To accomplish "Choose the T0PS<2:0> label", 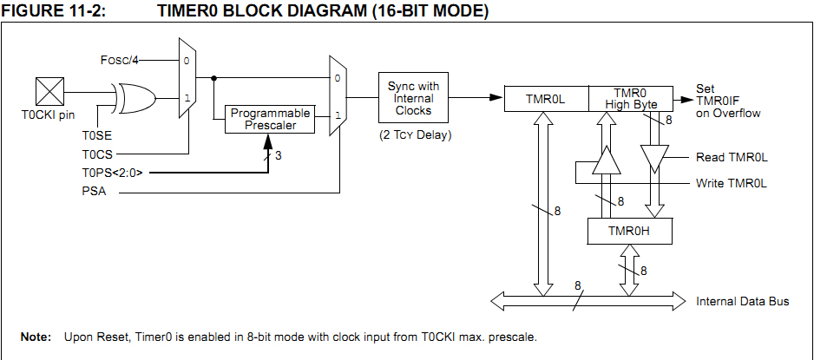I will click(x=118, y=173).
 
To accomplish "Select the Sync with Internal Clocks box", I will click(x=413, y=99).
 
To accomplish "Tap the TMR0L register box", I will click(x=545, y=99).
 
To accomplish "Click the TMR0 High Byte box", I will click(x=631, y=99).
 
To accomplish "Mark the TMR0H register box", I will click(x=630, y=231).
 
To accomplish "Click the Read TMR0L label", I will click(x=732, y=158).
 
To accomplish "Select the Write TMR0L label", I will click(x=732, y=184).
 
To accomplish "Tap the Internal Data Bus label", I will click(x=743, y=302).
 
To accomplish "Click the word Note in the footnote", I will click(x=36, y=337).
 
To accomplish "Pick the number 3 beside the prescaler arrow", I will click(x=278, y=156).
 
